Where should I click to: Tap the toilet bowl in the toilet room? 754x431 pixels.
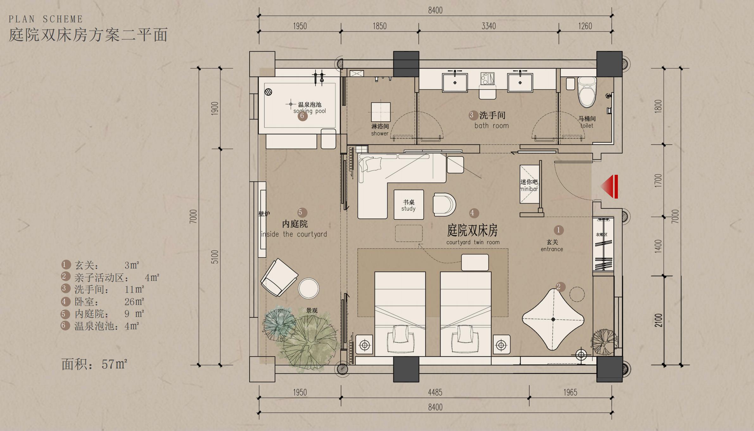587,92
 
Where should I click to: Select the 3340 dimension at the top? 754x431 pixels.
489,26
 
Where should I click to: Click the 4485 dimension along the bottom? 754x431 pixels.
435,392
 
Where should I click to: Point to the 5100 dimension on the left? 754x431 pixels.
215,257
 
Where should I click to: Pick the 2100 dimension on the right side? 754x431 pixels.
659,320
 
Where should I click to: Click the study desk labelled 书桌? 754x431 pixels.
409,205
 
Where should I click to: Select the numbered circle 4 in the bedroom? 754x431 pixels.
472,213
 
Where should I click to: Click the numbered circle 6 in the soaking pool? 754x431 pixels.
302,116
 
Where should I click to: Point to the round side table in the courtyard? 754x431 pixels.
308,288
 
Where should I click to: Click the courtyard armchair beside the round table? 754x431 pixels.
279,277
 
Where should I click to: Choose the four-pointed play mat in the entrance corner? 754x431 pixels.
553,319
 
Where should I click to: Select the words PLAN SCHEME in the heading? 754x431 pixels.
46,19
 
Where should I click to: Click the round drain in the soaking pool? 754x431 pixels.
268,92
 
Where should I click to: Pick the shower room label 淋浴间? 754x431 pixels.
380,126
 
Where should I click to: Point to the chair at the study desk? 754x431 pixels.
444,205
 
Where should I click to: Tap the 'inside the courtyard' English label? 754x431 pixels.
294,234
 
